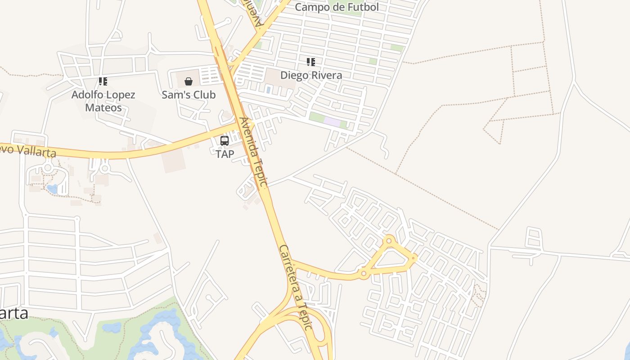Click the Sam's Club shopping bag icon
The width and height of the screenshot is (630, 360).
pyautogui.click(x=189, y=81)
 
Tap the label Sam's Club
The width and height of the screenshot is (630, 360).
pyautogui.click(x=189, y=95)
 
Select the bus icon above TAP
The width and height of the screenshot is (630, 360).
pyautogui.click(x=225, y=140)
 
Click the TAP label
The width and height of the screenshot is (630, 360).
pyautogui.click(x=225, y=154)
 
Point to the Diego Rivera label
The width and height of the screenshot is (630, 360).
pyautogui.click(x=311, y=75)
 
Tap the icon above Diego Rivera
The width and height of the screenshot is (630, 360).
pyautogui.click(x=311, y=62)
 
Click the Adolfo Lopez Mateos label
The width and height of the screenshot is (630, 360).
pyautogui.click(x=103, y=101)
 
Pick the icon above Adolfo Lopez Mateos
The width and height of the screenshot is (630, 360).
pyautogui.click(x=103, y=81)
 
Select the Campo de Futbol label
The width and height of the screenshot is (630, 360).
pyautogui.click(x=337, y=7)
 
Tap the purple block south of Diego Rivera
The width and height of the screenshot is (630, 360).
pyautogui.click(x=332, y=122)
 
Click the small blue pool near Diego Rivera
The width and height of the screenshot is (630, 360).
pyautogui.click(x=268, y=90)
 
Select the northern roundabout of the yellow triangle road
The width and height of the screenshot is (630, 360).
pyautogui.click(x=389, y=241)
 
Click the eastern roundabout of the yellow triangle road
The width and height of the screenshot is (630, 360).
pyautogui.click(x=414, y=258)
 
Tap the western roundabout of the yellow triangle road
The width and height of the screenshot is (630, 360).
pyautogui.click(x=364, y=273)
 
